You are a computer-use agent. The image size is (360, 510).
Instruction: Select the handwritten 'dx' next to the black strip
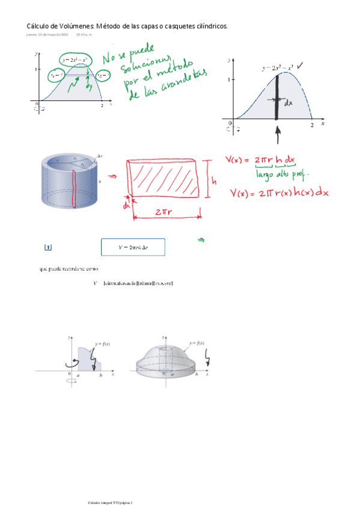point(288,103)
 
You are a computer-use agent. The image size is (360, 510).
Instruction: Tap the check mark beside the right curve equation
point(307,67)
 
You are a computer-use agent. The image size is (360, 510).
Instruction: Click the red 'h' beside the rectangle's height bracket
point(214,180)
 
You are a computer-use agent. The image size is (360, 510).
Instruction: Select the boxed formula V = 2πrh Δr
point(133,247)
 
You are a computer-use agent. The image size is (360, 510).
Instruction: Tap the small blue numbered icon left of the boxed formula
point(48,247)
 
